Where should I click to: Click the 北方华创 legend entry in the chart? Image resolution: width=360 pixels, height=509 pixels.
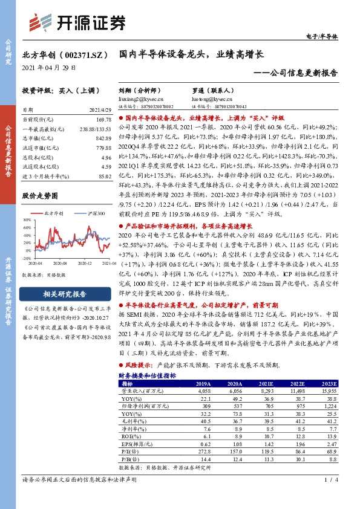point(53,214)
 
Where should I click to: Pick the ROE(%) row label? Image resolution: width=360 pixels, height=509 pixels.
point(129,436)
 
